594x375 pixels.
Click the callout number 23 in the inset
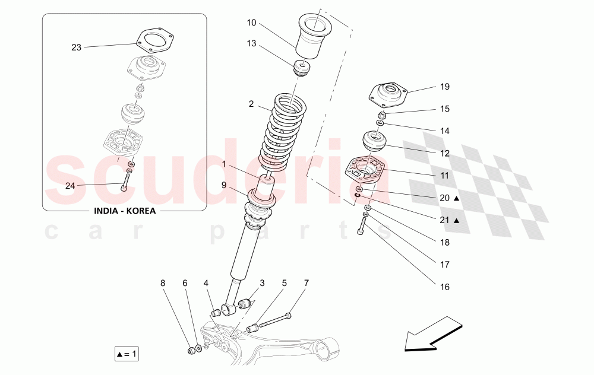point(76,47)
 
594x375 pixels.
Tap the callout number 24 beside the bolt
point(70,186)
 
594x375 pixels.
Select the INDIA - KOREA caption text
point(124,211)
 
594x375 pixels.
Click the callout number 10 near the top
point(251,23)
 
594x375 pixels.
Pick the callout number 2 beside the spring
point(251,104)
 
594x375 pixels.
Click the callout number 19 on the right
point(445,87)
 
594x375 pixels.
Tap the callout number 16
point(445,287)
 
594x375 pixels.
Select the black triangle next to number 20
point(456,199)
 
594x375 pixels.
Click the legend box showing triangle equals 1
point(127,354)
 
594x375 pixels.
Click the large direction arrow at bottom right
point(432,335)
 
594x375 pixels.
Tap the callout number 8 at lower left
point(163,284)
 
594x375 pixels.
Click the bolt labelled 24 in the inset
point(125,180)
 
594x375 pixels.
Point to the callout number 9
point(224,185)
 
